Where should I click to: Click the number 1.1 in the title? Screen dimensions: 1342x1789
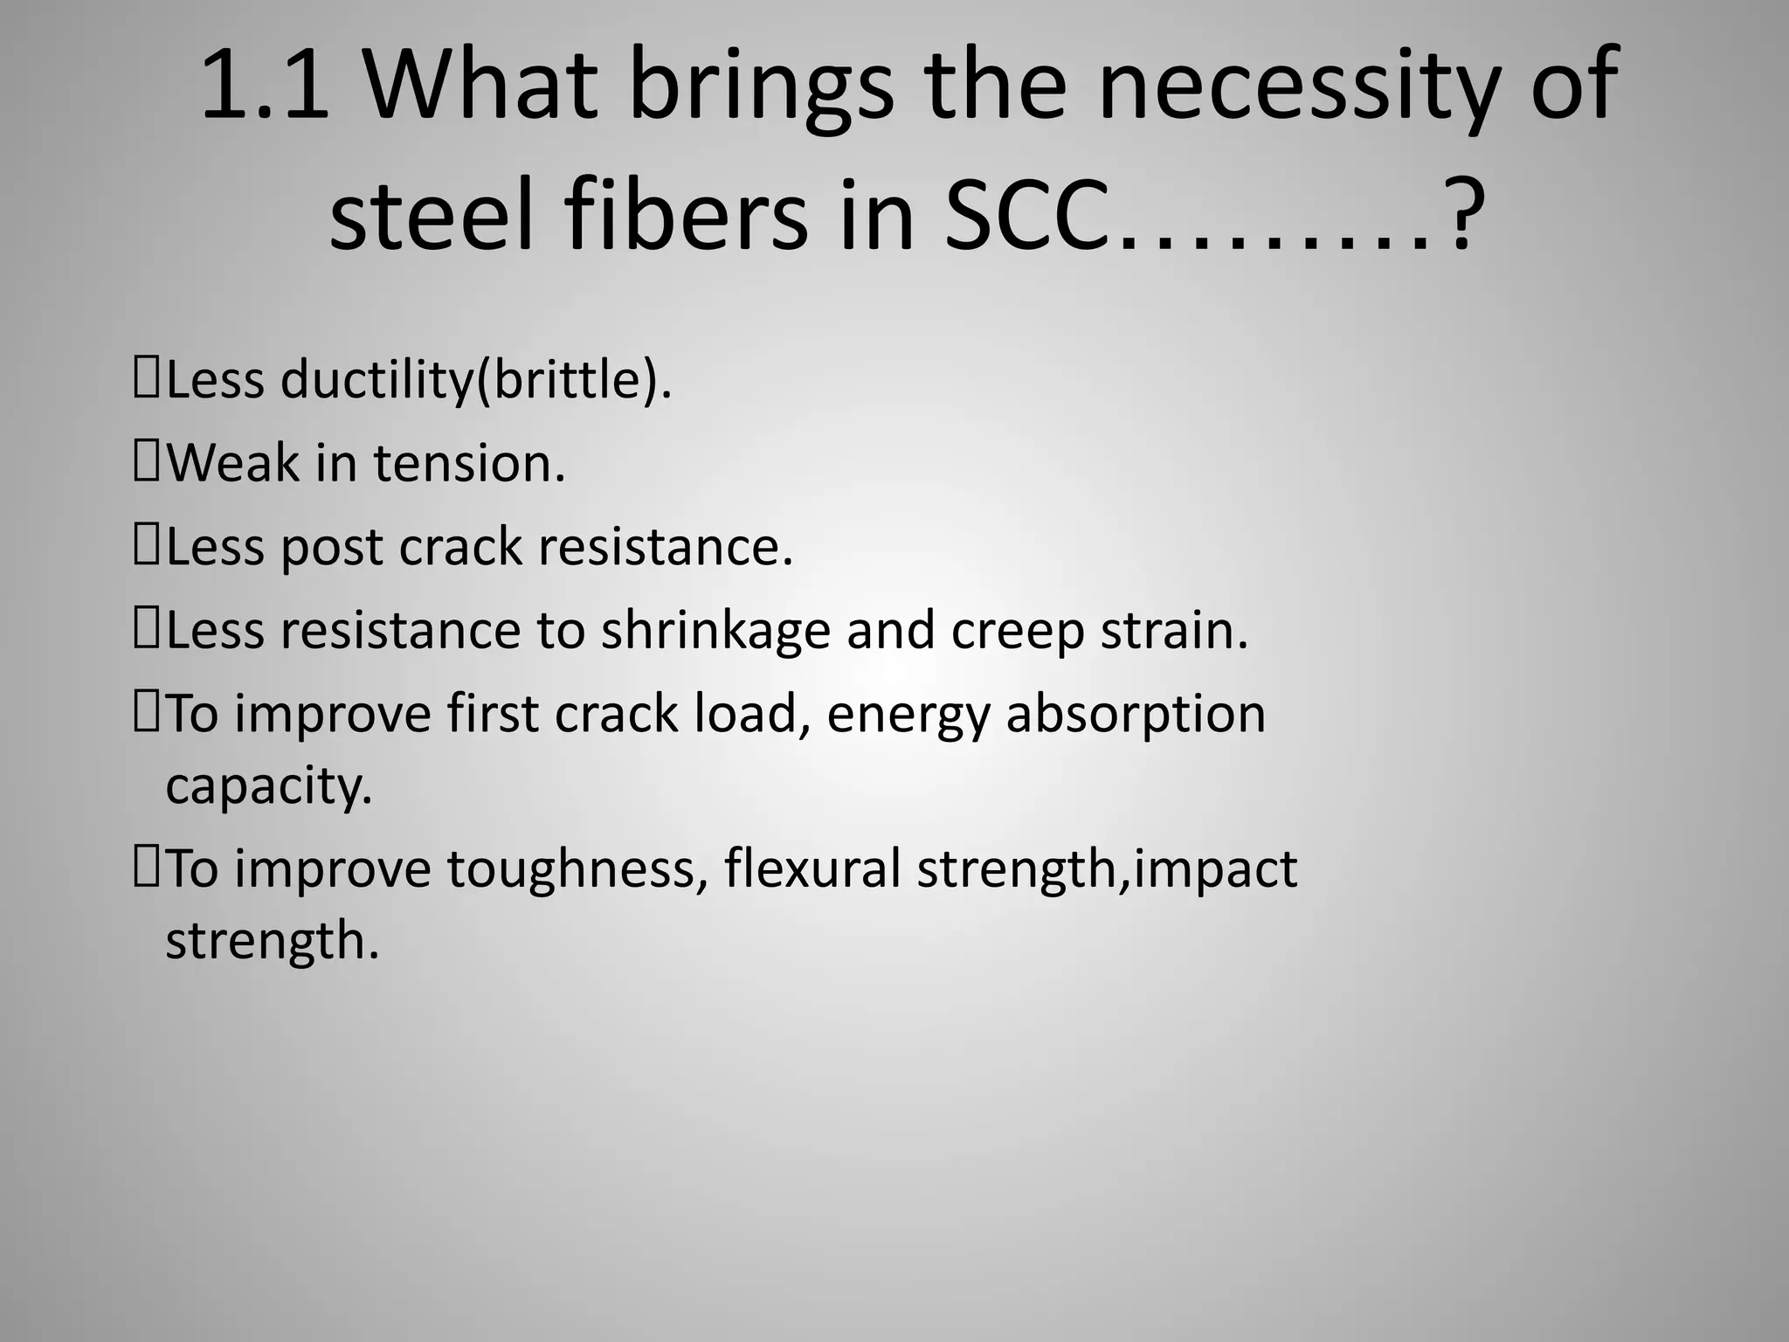pyautogui.click(x=265, y=86)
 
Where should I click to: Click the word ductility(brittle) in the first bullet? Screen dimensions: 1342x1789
pyautogui.click(x=476, y=380)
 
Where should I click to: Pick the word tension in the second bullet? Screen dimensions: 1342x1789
pyautogui.click(x=470, y=462)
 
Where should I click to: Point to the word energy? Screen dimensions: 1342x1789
pyautogui.click(x=908, y=715)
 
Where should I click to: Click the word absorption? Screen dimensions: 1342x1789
pyautogui.click(x=1136, y=715)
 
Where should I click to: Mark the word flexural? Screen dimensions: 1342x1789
pyautogui.click(x=812, y=869)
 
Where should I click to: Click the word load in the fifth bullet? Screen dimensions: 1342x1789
pyautogui.click(x=748, y=713)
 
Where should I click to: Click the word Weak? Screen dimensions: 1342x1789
pyautogui.click(x=232, y=462)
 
